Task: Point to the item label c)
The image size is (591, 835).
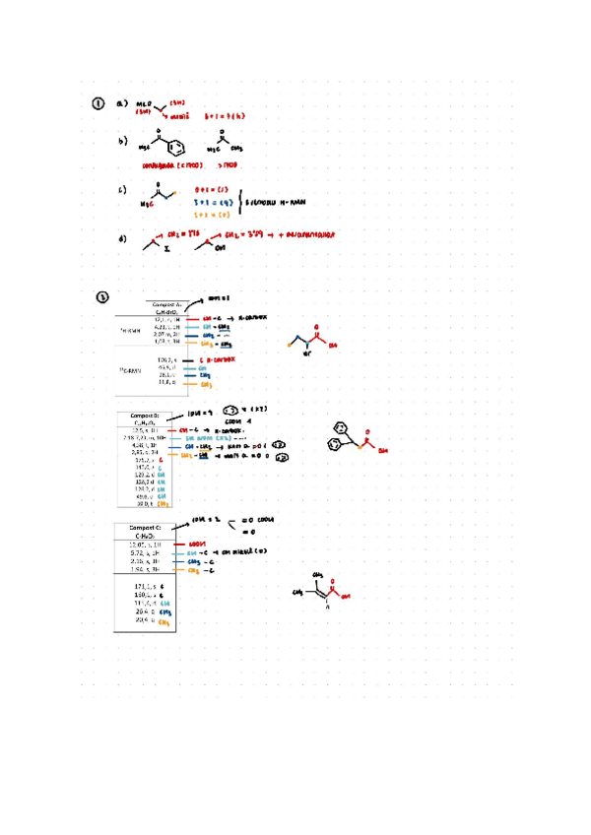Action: click(x=122, y=191)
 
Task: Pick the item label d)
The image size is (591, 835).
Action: click(x=122, y=238)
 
